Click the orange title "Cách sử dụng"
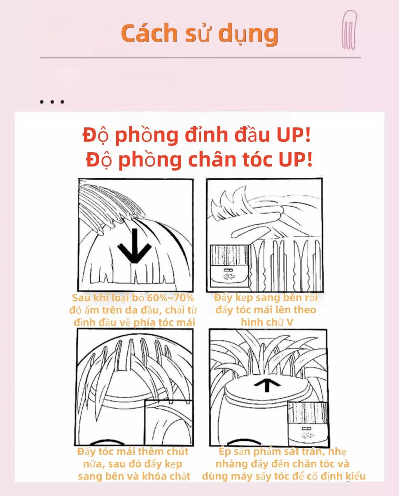200,33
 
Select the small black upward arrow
267,385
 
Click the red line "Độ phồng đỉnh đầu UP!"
197,135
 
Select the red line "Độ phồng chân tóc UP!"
199,160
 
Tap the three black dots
52,102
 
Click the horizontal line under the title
200,58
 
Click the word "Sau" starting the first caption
81,298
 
